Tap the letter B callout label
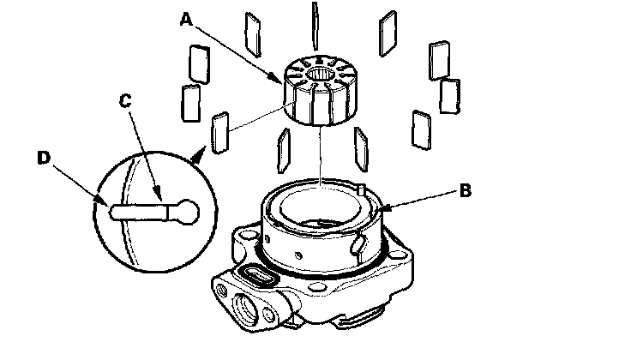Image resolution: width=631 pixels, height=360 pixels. click(463, 191)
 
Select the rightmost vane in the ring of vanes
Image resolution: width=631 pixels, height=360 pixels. click(448, 97)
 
